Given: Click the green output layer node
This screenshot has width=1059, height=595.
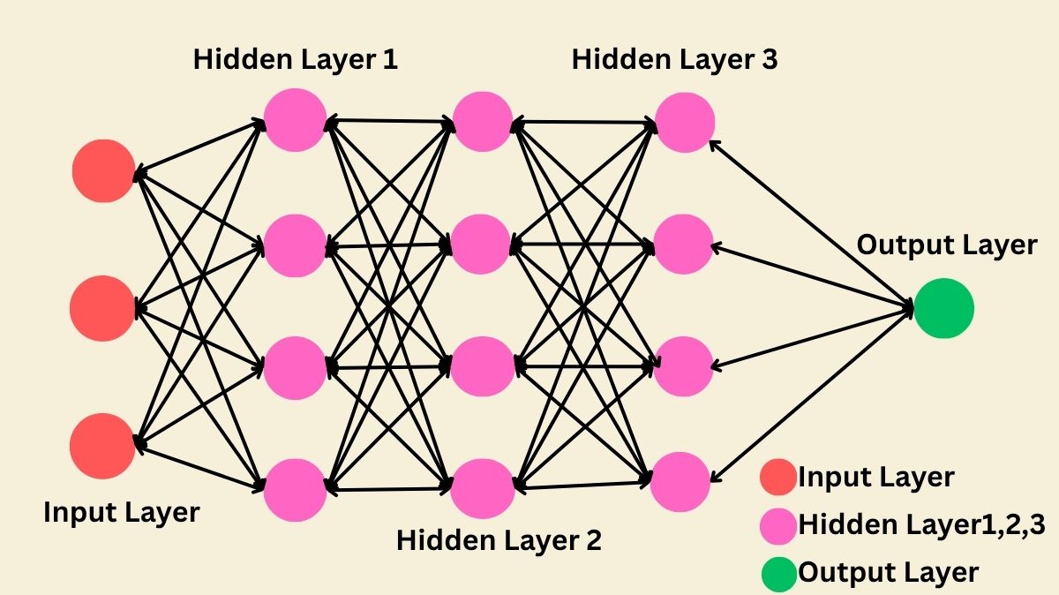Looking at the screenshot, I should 943,309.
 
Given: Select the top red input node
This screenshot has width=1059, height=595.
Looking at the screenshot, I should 103,170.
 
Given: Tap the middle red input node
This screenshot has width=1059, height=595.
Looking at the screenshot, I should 103,307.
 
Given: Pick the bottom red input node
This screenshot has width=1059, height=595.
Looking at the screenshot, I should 103,446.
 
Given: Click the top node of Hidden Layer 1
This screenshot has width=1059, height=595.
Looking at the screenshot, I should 295,120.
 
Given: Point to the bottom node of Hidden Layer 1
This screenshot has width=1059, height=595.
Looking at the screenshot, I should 295,489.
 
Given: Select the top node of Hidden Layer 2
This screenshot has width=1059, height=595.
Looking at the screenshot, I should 482,120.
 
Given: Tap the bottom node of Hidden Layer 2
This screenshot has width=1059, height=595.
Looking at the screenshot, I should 482,488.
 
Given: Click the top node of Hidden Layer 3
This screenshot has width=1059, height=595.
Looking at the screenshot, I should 685,120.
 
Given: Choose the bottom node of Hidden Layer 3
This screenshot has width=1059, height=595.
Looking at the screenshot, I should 681,480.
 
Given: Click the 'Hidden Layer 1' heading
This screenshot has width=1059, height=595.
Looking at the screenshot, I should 295,60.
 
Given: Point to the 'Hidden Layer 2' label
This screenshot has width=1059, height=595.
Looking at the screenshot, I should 499,539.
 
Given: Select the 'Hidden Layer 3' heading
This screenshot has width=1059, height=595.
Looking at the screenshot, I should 674,60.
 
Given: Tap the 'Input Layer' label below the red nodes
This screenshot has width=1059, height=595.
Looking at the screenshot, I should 122,512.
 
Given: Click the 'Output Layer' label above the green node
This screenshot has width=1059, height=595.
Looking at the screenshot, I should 947,245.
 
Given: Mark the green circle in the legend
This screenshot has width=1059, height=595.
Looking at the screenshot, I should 777,573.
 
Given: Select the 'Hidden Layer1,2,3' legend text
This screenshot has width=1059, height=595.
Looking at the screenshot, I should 921,525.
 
